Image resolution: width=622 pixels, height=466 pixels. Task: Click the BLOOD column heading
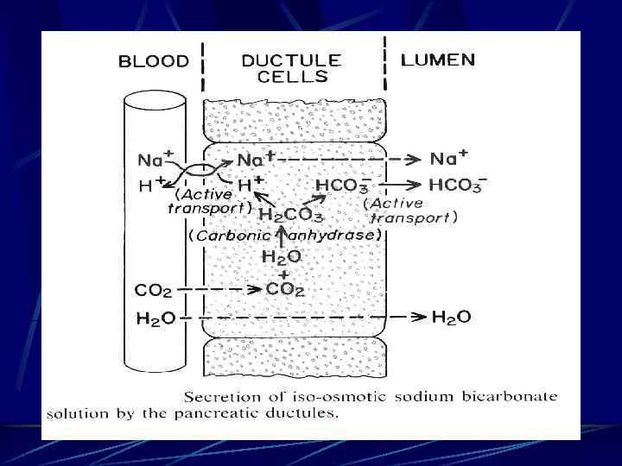pos(153,61)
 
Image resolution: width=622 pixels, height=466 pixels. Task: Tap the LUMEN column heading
pos(438,60)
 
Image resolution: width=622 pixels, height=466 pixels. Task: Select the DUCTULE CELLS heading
pos(291,68)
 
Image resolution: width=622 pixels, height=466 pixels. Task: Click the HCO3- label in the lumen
pos(457,184)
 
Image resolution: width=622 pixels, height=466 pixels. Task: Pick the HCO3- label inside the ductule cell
pos(341,184)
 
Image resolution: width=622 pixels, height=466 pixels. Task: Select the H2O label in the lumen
pos(451,318)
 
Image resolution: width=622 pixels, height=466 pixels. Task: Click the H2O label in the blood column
pos(155,318)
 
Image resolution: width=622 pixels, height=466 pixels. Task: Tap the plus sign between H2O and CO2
pos(281,274)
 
